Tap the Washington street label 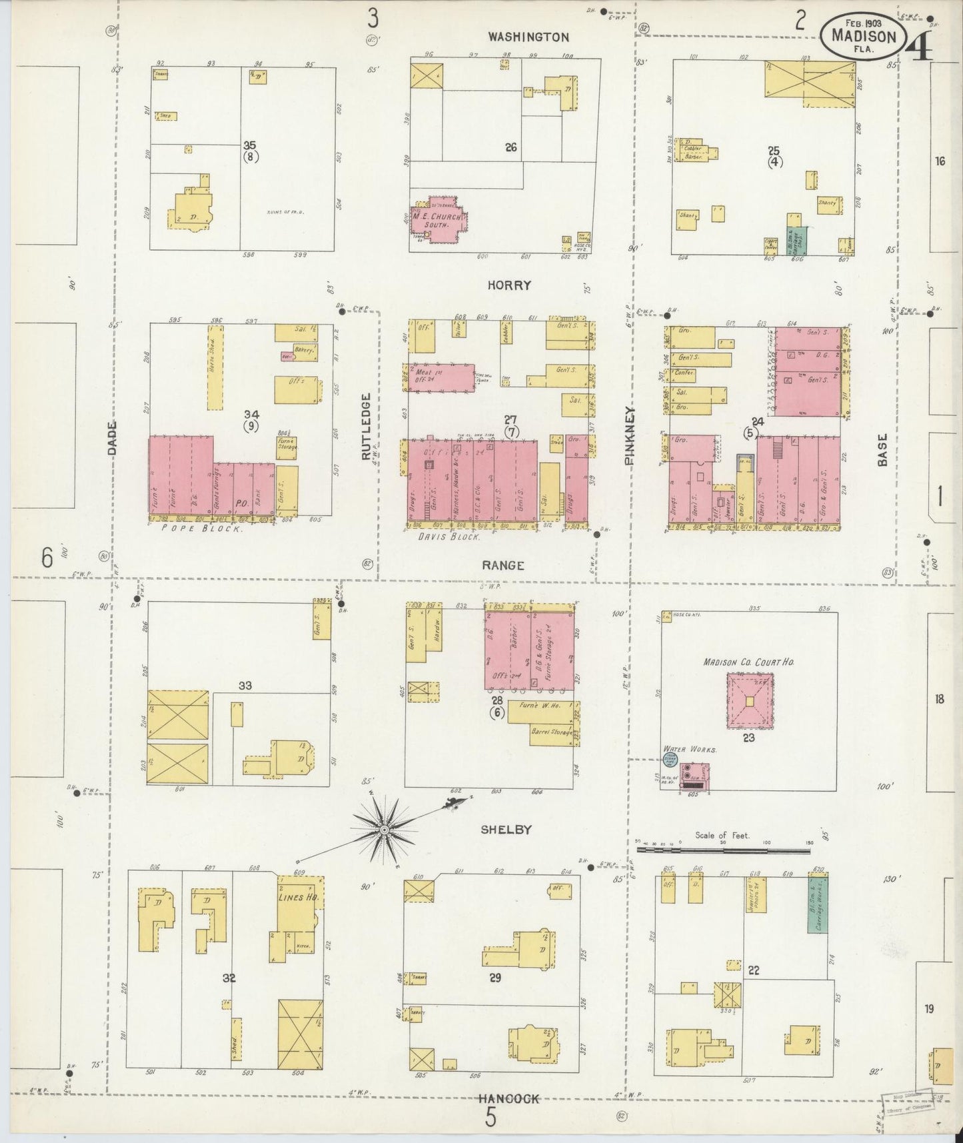point(528,37)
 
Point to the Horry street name point(509,285)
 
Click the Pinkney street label point(630,435)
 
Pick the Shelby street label point(506,830)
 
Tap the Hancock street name point(508,1099)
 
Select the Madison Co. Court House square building point(750,701)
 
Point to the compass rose point(385,829)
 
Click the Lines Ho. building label point(298,897)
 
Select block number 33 point(245,686)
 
